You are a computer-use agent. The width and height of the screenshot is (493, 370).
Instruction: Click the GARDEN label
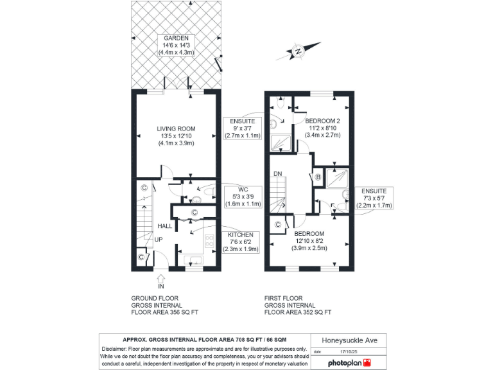(x=175, y=38)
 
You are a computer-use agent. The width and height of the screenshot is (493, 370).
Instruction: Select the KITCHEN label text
(x=239, y=235)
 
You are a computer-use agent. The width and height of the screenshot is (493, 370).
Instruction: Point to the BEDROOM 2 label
(x=322, y=121)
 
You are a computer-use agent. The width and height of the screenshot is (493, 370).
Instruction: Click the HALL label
(x=165, y=226)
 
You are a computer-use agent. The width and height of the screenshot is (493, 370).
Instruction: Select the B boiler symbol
(x=318, y=177)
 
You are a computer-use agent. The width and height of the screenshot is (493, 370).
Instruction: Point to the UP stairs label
(x=157, y=240)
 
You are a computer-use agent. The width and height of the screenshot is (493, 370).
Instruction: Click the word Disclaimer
(x=116, y=348)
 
